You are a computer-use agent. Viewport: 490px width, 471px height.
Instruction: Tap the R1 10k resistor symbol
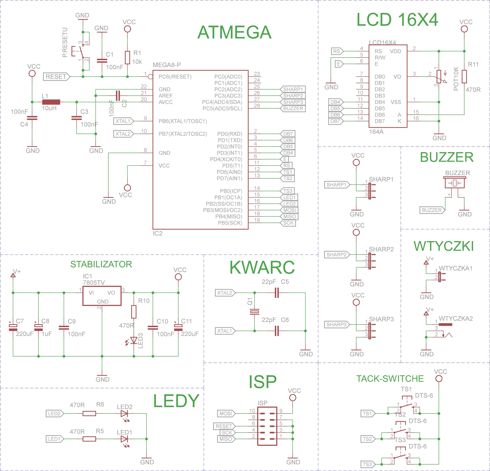[128, 58]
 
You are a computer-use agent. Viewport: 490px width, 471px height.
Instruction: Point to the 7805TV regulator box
[102, 296]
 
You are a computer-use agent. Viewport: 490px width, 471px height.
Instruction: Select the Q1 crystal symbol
[255, 312]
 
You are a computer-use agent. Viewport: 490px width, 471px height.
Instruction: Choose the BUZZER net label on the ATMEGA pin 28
[293, 108]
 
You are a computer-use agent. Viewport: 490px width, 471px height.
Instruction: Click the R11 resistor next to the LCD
[464, 76]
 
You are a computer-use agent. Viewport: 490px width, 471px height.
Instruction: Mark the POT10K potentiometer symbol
[439, 76]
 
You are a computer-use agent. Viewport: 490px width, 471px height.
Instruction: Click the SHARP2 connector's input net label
[337, 254]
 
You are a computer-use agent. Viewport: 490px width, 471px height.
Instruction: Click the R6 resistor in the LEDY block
[89, 413]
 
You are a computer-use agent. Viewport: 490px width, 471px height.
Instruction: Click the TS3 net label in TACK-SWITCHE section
[368, 464]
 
